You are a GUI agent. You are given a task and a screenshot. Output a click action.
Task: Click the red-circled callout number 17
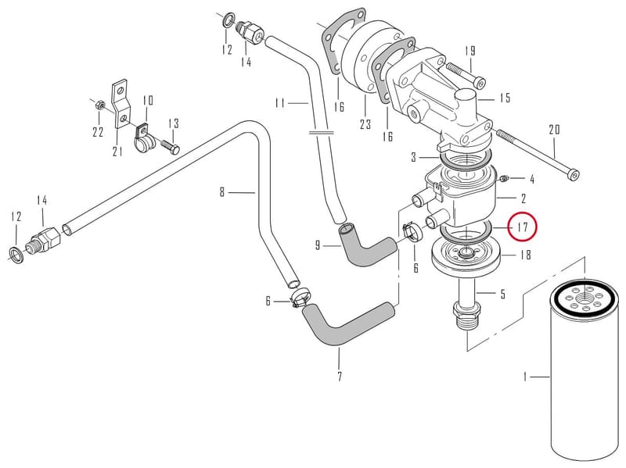(523, 227)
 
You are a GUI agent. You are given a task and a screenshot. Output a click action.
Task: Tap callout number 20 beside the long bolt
(555, 130)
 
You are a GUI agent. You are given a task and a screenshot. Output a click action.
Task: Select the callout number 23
(365, 124)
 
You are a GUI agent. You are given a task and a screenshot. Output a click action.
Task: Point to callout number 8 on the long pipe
(222, 192)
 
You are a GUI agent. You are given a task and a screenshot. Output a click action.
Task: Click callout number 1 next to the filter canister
(525, 377)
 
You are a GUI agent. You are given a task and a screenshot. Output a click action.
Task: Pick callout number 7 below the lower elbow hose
(340, 377)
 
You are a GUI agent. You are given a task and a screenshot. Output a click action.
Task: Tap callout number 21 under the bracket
(117, 152)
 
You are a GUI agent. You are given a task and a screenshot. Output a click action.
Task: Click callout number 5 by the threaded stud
(502, 294)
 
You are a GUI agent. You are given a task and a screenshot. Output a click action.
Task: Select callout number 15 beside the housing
(505, 97)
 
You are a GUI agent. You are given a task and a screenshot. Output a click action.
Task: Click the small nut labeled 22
(101, 105)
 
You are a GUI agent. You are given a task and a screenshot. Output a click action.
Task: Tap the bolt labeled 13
(171, 146)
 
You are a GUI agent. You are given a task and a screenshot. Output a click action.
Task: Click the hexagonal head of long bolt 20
(574, 175)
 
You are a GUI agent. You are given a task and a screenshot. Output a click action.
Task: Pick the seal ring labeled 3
(465, 159)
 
